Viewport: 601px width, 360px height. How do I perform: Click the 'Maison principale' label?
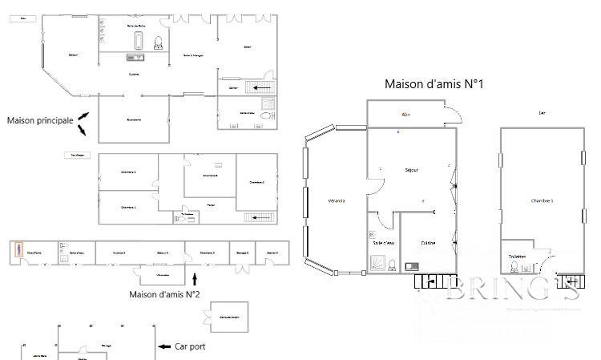pos(39,120)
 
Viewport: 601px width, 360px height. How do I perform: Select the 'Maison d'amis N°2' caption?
pos(164,294)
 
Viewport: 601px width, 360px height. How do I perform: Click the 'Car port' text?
pos(193,347)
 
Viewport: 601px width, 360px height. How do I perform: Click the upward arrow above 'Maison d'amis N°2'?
pos(196,279)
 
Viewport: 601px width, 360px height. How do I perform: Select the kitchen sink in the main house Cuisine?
pos(134,57)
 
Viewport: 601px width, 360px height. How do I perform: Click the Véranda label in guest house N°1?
pos(337,200)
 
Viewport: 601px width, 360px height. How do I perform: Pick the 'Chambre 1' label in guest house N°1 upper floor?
pos(543,200)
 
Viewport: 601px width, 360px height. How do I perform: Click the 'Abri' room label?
pos(406,115)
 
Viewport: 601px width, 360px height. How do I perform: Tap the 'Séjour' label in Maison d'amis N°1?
pos(412,170)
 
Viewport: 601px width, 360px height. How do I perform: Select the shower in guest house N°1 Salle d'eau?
pos(377,263)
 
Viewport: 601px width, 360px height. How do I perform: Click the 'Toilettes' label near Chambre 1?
pos(517,257)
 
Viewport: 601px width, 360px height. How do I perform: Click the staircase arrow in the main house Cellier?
pos(261,87)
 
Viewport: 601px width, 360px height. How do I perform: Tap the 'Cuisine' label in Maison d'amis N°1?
pos(430,243)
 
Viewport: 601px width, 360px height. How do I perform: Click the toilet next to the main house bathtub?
pos(158,42)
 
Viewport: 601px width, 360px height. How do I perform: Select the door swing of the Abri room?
pos(454,114)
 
